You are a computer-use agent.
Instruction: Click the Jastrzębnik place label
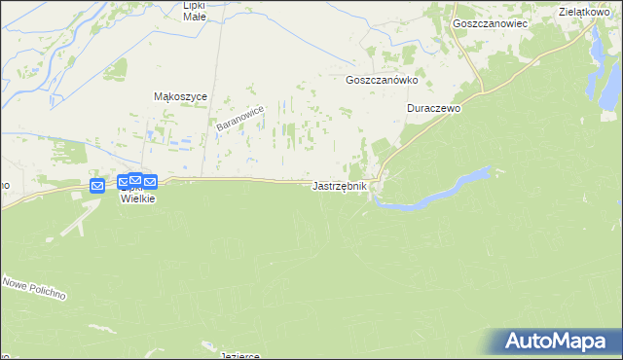tap(340, 186)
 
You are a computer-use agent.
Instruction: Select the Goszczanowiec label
tap(490, 21)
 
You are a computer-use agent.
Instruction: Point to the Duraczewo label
tap(433, 109)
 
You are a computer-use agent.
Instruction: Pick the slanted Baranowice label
tap(239, 121)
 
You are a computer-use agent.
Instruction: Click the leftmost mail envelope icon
tap(97, 186)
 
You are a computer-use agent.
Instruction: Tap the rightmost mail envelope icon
tap(149, 182)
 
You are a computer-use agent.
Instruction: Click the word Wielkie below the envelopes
tap(137, 198)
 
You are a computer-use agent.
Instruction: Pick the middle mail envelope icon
tap(134, 180)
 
